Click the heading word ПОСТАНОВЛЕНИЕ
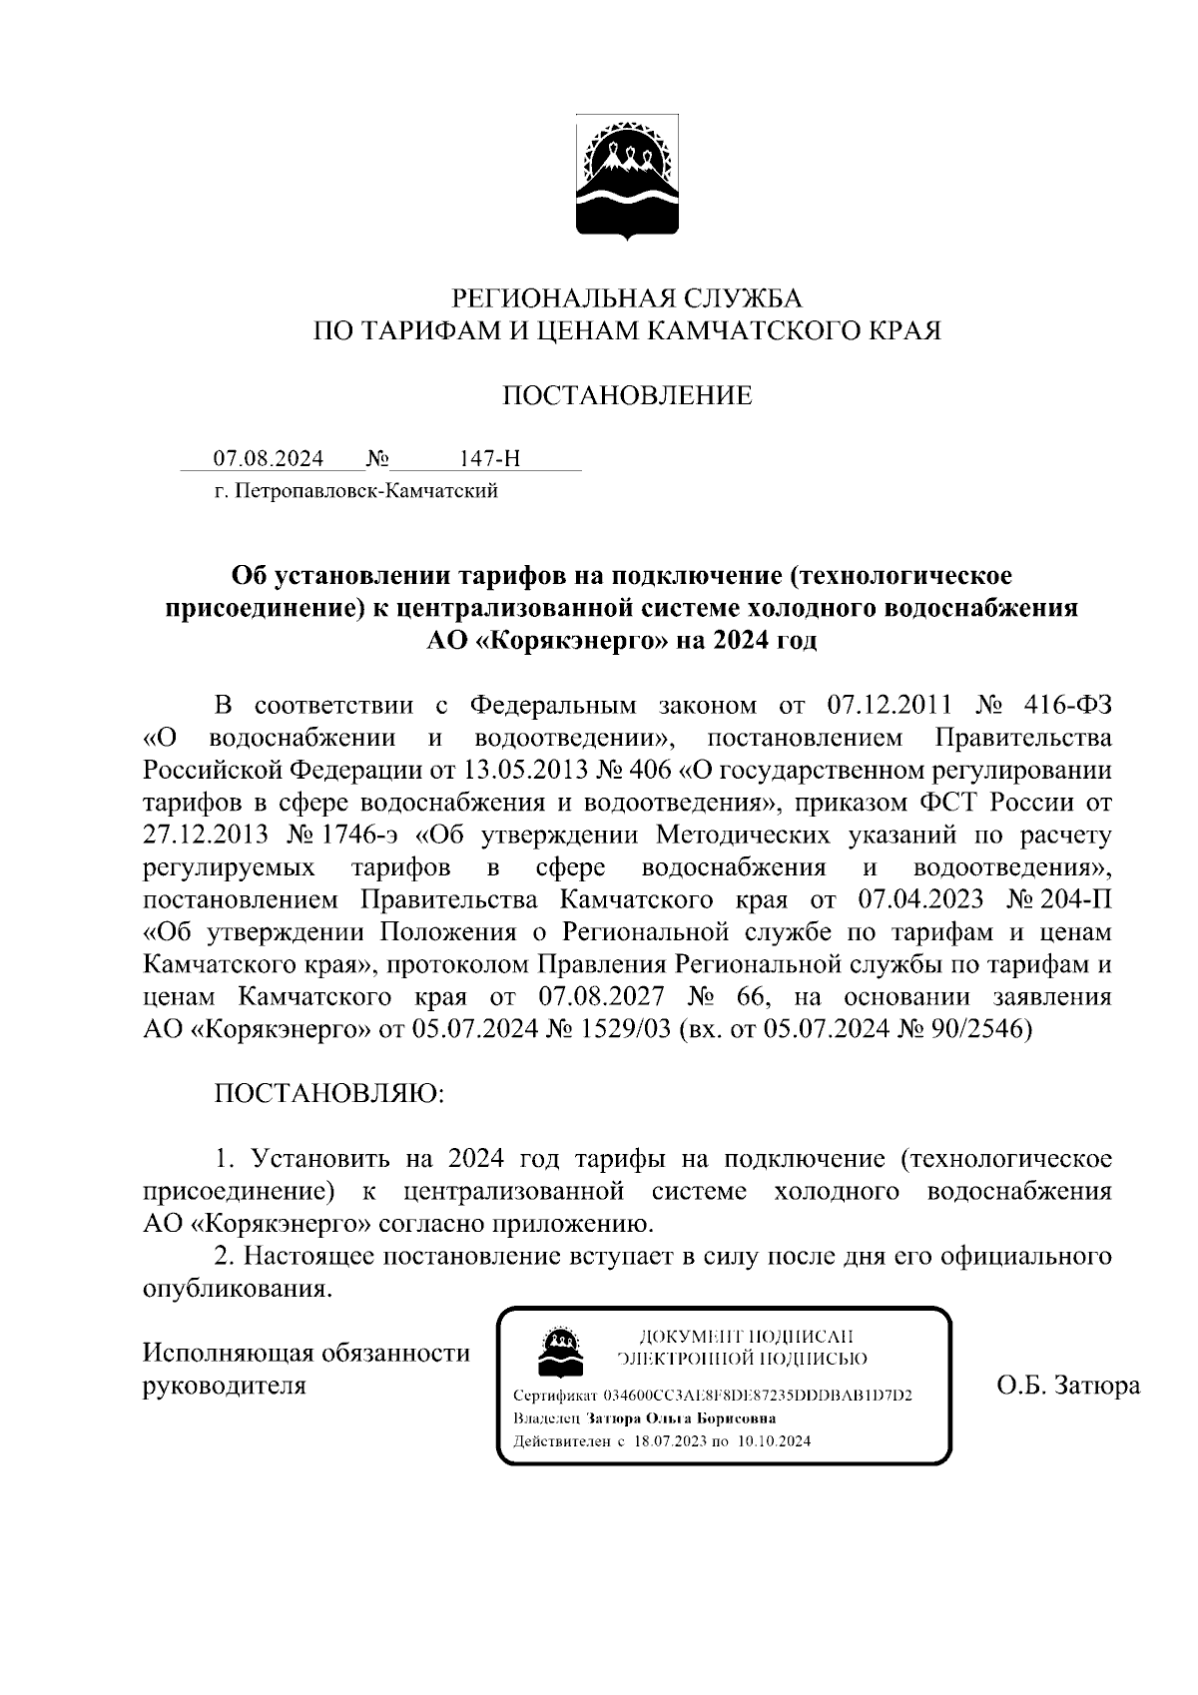(x=627, y=396)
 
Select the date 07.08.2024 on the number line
(x=269, y=459)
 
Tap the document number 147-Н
(x=489, y=459)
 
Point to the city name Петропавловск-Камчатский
(x=364, y=491)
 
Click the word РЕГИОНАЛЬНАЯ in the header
(x=565, y=297)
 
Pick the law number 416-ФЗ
(x=1068, y=706)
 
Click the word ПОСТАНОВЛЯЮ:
(x=329, y=1094)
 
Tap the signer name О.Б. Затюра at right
(x=1068, y=1386)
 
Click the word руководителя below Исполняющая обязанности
(x=225, y=1386)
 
